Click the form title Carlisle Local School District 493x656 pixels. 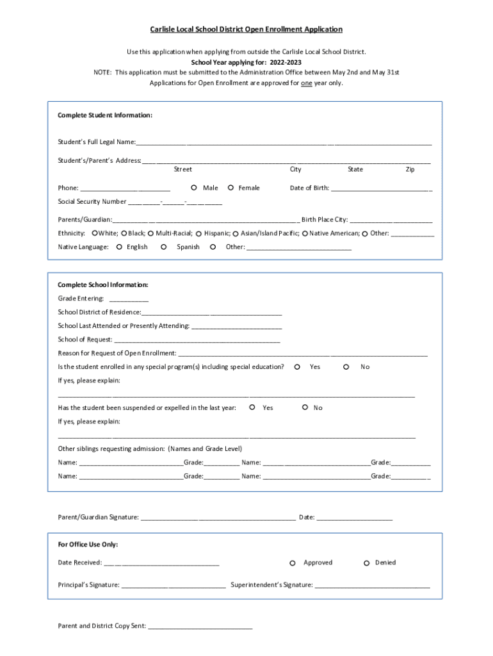pyautogui.click(x=246, y=29)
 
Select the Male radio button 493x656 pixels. pyautogui.click(x=193, y=188)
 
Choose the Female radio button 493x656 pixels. pyautogui.click(x=230, y=188)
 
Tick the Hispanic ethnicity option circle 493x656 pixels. pyautogui.click(x=199, y=234)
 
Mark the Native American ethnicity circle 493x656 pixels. pyautogui.click(x=305, y=234)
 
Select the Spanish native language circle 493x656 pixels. pyautogui.click(x=164, y=247)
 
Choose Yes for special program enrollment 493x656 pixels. pyautogui.click(x=297, y=367)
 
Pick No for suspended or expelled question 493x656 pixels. pyautogui.click(x=305, y=407)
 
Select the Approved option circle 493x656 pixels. pyautogui.click(x=292, y=563)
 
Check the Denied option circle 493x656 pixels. pyautogui.click(x=366, y=563)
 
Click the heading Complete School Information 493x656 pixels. pyautogui.click(x=103, y=284)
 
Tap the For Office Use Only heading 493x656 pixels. pyautogui.click(x=88, y=545)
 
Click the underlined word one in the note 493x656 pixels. pyautogui.click(x=306, y=83)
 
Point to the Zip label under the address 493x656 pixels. pyautogui.click(x=410, y=170)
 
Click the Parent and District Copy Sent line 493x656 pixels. pyautogui.click(x=200, y=627)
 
